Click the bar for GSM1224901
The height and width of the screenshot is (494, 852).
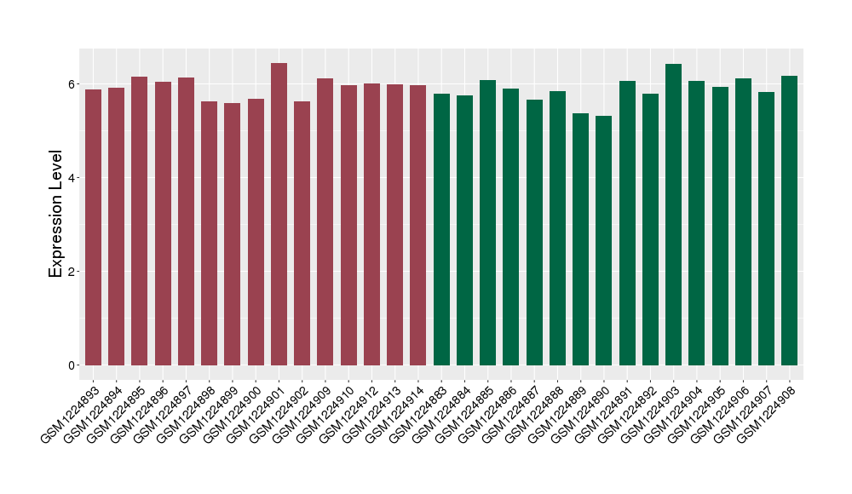[x=279, y=214]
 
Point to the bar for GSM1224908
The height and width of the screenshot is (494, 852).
[x=789, y=221]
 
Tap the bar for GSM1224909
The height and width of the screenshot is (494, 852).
[x=325, y=221]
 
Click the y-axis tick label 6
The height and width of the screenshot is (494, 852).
[x=72, y=84]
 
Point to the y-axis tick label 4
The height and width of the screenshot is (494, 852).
[x=72, y=178]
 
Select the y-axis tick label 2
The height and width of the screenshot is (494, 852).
[x=72, y=272]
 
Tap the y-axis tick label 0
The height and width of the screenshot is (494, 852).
[x=72, y=365]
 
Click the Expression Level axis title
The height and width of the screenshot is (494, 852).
[x=56, y=214]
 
